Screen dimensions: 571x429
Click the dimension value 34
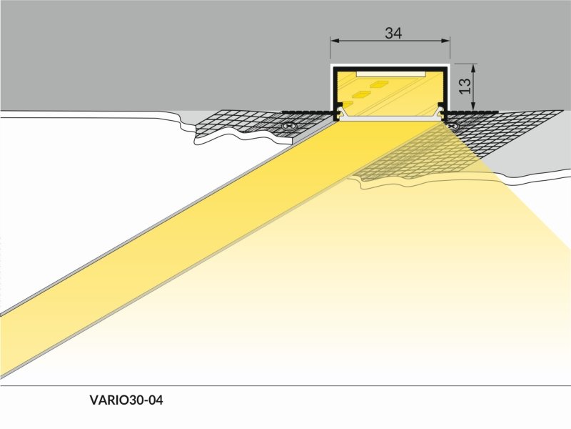click(x=393, y=33)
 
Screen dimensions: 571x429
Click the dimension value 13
click(x=465, y=87)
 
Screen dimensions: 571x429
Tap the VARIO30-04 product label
click(x=126, y=400)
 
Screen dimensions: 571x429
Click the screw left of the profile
click(x=290, y=127)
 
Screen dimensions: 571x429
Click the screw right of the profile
click(x=453, y=127)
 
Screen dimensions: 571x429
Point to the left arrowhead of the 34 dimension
click(x=335, y=41)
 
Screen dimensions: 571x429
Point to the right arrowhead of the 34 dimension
click(x=445, y=41)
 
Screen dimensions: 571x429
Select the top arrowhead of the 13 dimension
click(x=473, y=69)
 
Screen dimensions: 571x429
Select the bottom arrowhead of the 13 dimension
click(x=473, y=105)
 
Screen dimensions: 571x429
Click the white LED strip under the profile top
click(x=391, y=74)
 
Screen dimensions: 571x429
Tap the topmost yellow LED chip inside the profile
click(x=379, y=84)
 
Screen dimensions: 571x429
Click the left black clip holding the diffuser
click(x=338, y=112)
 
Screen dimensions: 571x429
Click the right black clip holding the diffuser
click(x=442, y=112)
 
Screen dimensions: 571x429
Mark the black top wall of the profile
click(x=390, y=69)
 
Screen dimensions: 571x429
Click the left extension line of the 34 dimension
click(x=330, y=47)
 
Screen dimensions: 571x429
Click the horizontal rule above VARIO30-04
click(x=285, y=385)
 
